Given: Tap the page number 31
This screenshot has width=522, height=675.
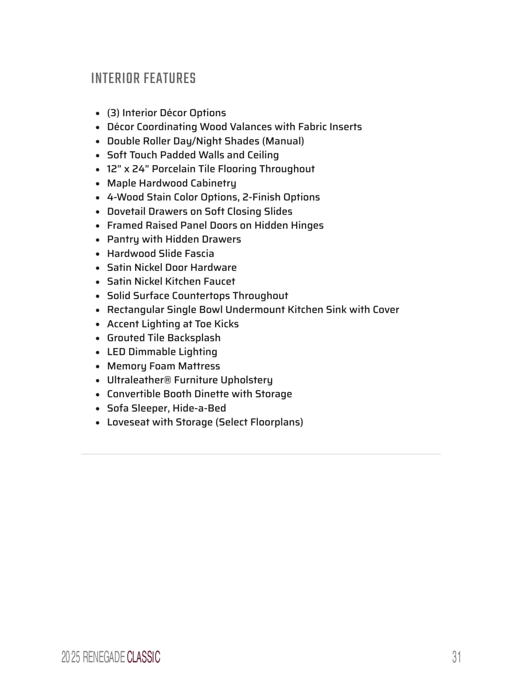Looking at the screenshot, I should point(456,657).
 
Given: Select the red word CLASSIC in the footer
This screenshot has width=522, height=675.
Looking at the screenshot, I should point(144,657).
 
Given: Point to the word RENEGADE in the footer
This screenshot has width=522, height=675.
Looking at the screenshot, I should point(104,657).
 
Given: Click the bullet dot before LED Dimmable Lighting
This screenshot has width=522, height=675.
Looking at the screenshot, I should point(98,352).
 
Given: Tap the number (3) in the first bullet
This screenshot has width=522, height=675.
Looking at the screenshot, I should point(113,112).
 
